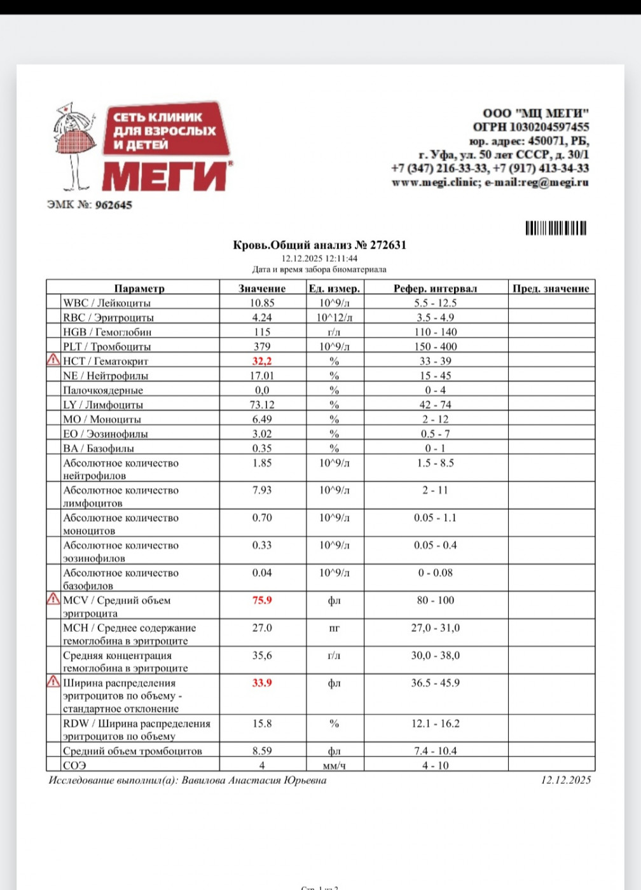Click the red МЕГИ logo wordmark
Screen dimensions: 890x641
click(x=165, y=176)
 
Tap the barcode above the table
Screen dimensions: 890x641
click(x=556, y=228)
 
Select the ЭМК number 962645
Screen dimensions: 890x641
click(x=113, y=205)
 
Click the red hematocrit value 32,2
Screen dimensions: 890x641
click(x=261, y=361)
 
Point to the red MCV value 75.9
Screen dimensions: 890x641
click(x=261, y=600)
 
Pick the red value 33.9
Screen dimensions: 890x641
click(x=261, y=683)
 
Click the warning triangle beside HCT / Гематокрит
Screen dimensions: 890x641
click(x=53, y=360)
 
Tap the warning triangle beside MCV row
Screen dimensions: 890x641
click(x=53, y=599)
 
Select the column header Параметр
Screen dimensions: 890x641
click(x=139, y=289)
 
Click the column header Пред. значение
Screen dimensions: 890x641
click(x=551, y=289)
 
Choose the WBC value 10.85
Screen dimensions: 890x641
click(x=261, y=303)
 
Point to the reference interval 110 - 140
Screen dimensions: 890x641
click(x=436, y=332)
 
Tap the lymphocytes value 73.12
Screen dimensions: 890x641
click(x=261, y=405)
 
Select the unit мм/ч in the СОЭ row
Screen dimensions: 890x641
click(x=334, y=765)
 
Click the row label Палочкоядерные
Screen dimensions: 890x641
click(x=102, y=390)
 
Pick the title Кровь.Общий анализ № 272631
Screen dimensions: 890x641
click(x=319, y=245)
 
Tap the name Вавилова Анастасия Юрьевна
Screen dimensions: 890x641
click(x=254, y=780)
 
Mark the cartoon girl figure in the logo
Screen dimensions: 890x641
click(x=74, y=146)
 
